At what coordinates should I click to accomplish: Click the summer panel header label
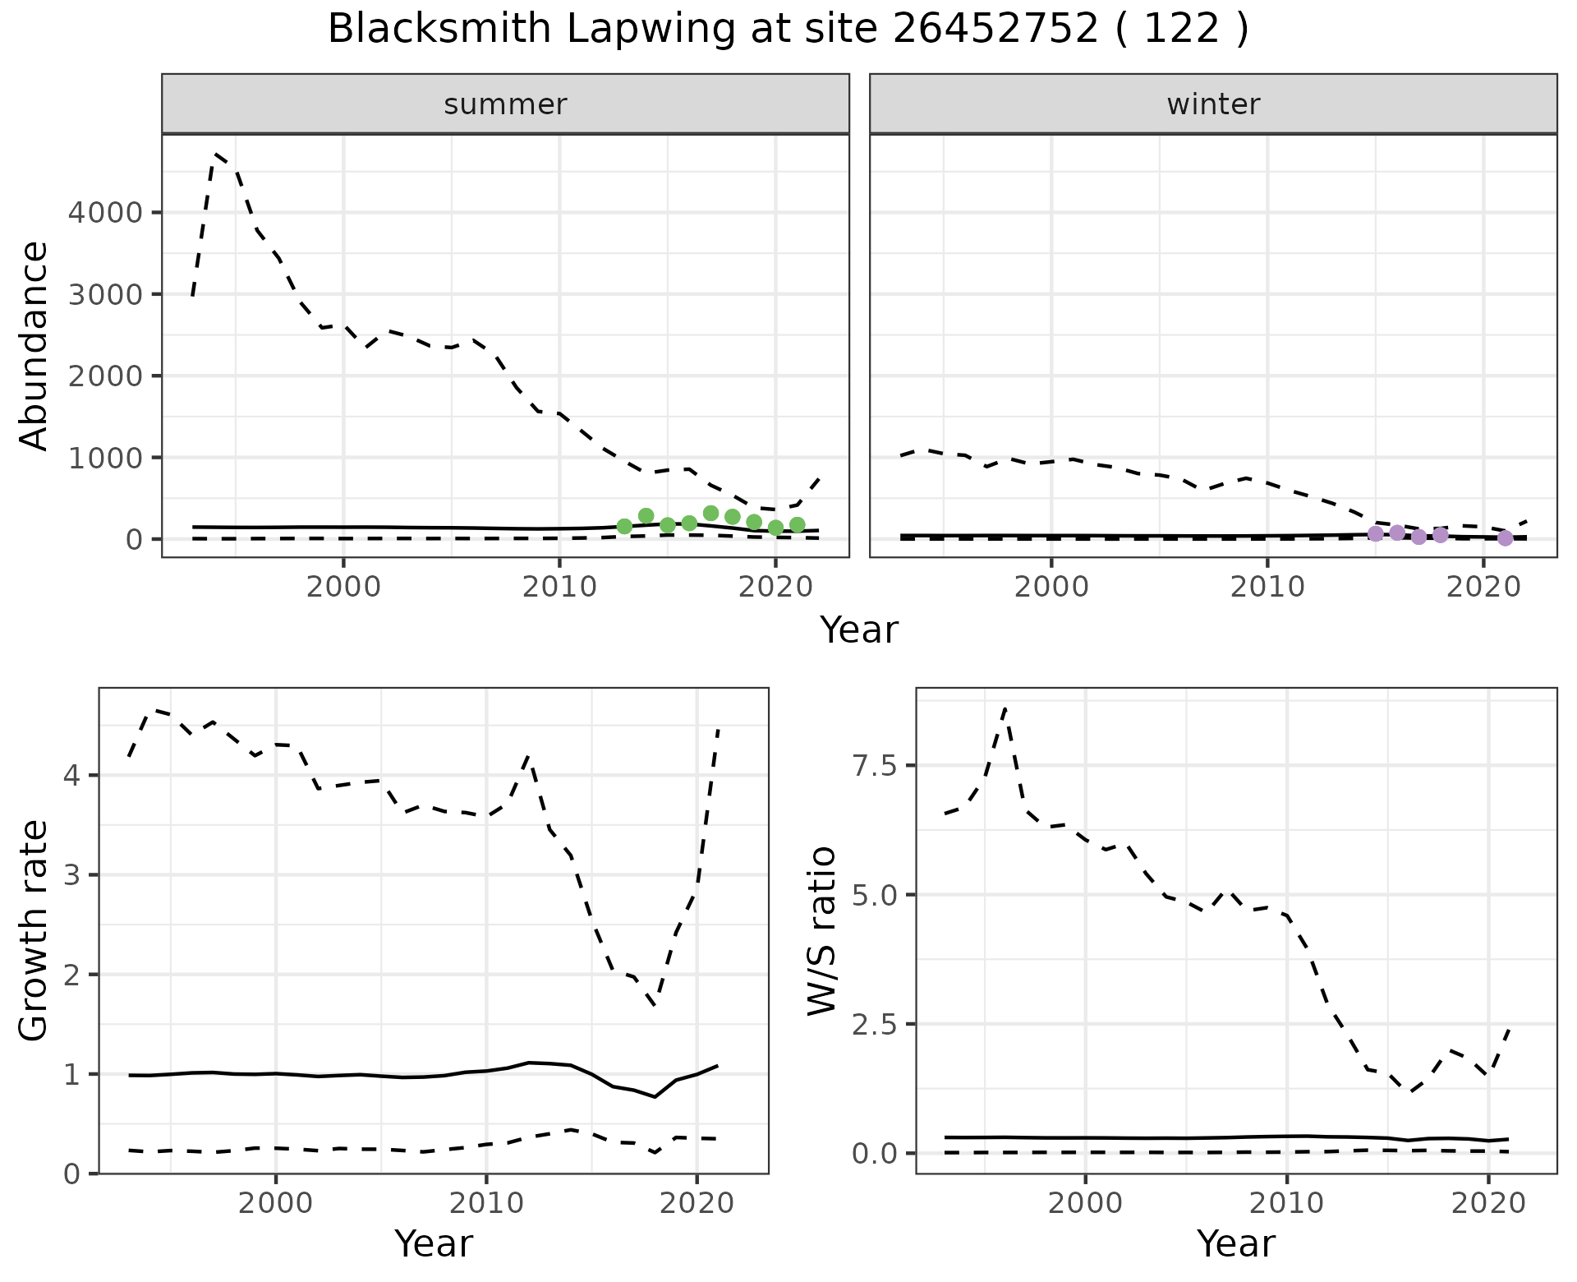tap(505, 104)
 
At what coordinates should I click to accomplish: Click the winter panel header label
tap(1213, 104)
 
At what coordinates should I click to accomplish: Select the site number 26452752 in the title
tap(995, 30)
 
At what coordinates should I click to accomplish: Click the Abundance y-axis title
tap(34, 345)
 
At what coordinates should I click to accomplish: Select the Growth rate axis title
tap(34, 930)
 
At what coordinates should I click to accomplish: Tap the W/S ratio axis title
tap(821, 930)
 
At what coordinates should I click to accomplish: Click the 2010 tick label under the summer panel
tap(559, 587)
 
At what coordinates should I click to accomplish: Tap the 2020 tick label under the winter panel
tap(1483, 587)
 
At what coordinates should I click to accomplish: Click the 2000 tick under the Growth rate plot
tap(276, 1204)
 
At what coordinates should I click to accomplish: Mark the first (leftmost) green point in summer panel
tap(624, 526)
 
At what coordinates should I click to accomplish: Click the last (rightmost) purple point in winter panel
tap(1505, 538)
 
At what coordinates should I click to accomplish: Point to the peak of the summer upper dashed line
tap(215, 154)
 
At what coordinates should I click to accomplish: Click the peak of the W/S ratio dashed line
tap(1005, 708)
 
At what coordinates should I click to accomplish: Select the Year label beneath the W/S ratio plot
tap(1235, 1243)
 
